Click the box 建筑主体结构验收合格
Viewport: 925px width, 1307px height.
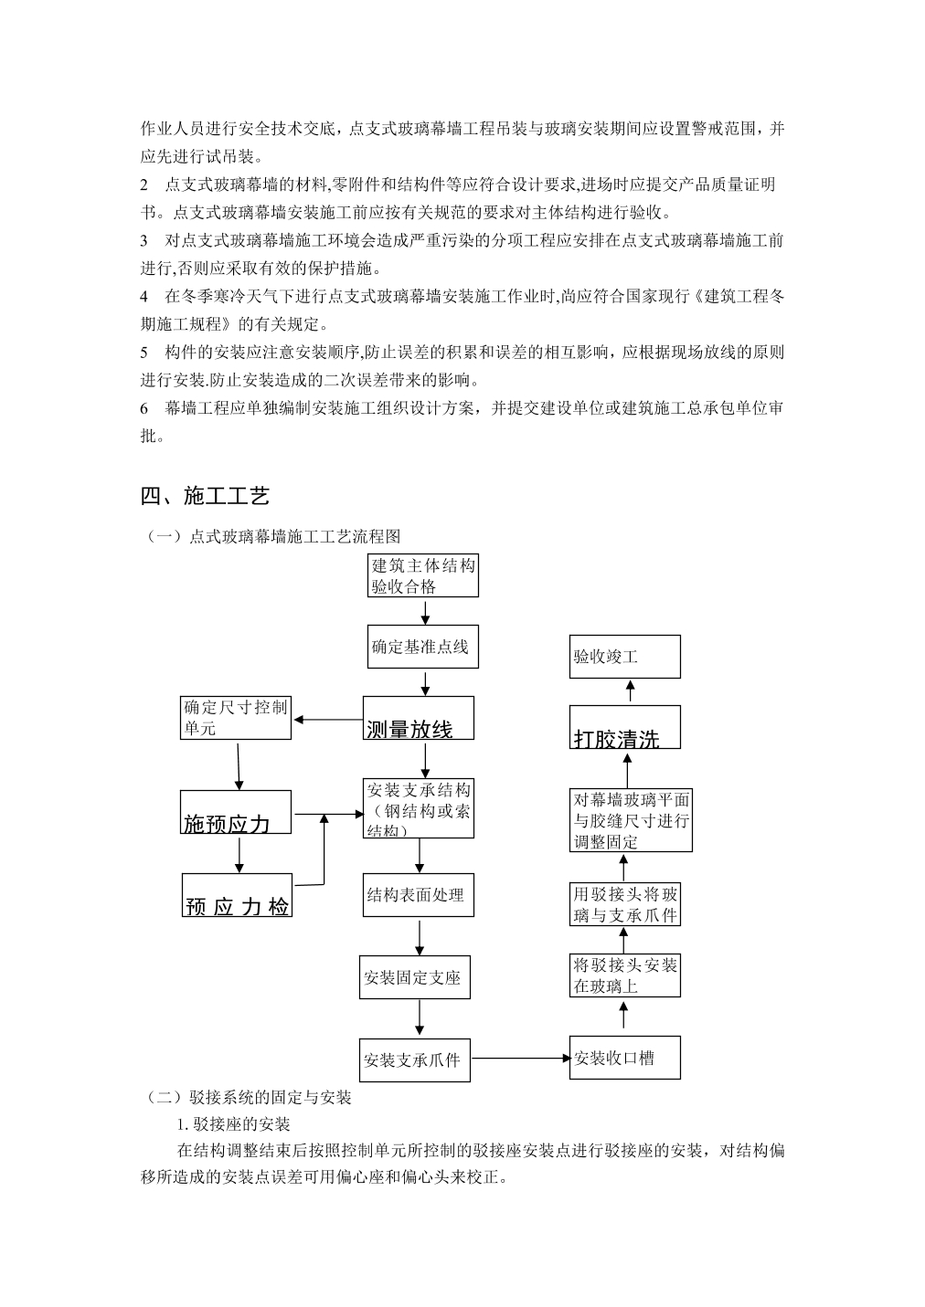pos(423,575)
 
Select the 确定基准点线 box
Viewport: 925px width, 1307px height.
pos(423,647)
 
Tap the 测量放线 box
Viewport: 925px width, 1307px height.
pos(418,718)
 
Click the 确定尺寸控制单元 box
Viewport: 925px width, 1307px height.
pos(235,718)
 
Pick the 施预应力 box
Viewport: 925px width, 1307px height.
pos(235,812)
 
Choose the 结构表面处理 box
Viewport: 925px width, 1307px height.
pos(418,894)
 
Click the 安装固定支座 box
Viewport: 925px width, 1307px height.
pos(415,976)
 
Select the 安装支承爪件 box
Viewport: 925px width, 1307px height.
pos(415,1059)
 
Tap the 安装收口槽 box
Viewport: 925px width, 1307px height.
pos(625,1058)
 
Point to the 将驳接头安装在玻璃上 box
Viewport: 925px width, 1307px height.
pos(625,975)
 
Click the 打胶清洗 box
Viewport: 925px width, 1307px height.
pos(625,727)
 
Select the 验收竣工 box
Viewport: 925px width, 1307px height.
pos(625,657)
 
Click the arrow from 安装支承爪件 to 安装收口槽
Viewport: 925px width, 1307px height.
pos(520,1058)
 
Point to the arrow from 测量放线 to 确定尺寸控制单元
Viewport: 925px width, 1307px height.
pos(327,720)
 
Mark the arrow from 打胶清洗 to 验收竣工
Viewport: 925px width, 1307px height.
pos(630,690)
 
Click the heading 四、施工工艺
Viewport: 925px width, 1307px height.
pos(205,495)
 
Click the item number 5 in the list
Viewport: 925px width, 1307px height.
pos(144,352)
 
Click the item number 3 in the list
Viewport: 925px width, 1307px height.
pos(144,240)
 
